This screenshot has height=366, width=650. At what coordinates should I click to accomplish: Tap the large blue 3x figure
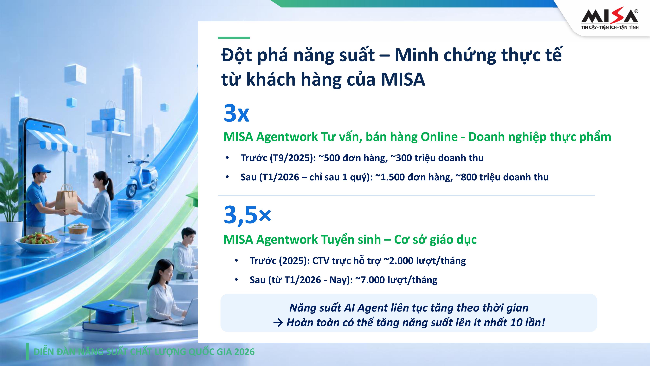point(236,113)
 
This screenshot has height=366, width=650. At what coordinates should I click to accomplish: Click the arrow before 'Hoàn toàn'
point(278,323)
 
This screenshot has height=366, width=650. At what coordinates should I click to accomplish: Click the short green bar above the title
point(234,38)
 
